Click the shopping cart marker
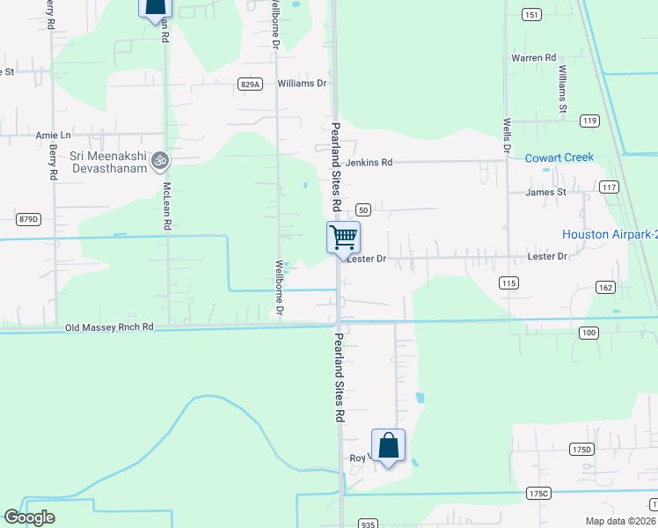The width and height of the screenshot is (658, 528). (x=343, y=236)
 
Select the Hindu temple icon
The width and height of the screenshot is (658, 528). (x=159, y=160)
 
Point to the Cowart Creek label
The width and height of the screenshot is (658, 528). (x=559, y=158)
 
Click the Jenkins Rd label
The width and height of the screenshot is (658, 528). (x=369, y=162)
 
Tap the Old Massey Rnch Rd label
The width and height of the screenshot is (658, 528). (x=110, y=327)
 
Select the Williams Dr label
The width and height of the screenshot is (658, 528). (x=302, y=84)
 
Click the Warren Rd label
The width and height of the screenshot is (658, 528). (x=535, y=58)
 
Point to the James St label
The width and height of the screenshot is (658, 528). (x=545, y=192)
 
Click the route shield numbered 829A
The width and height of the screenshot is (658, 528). (x=250, y=84)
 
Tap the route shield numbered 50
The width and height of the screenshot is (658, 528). (x=363, y=209)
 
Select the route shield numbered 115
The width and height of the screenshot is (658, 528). (x=508, y=282)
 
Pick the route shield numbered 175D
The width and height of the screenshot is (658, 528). (x=581, y=449)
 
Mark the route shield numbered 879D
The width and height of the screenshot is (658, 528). (x=29, y=219)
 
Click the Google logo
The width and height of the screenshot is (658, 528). (x=29, y=517)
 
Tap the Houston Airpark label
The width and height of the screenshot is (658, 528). (x=609, y=234)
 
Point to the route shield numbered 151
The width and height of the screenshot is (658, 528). (x=530, y=14)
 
